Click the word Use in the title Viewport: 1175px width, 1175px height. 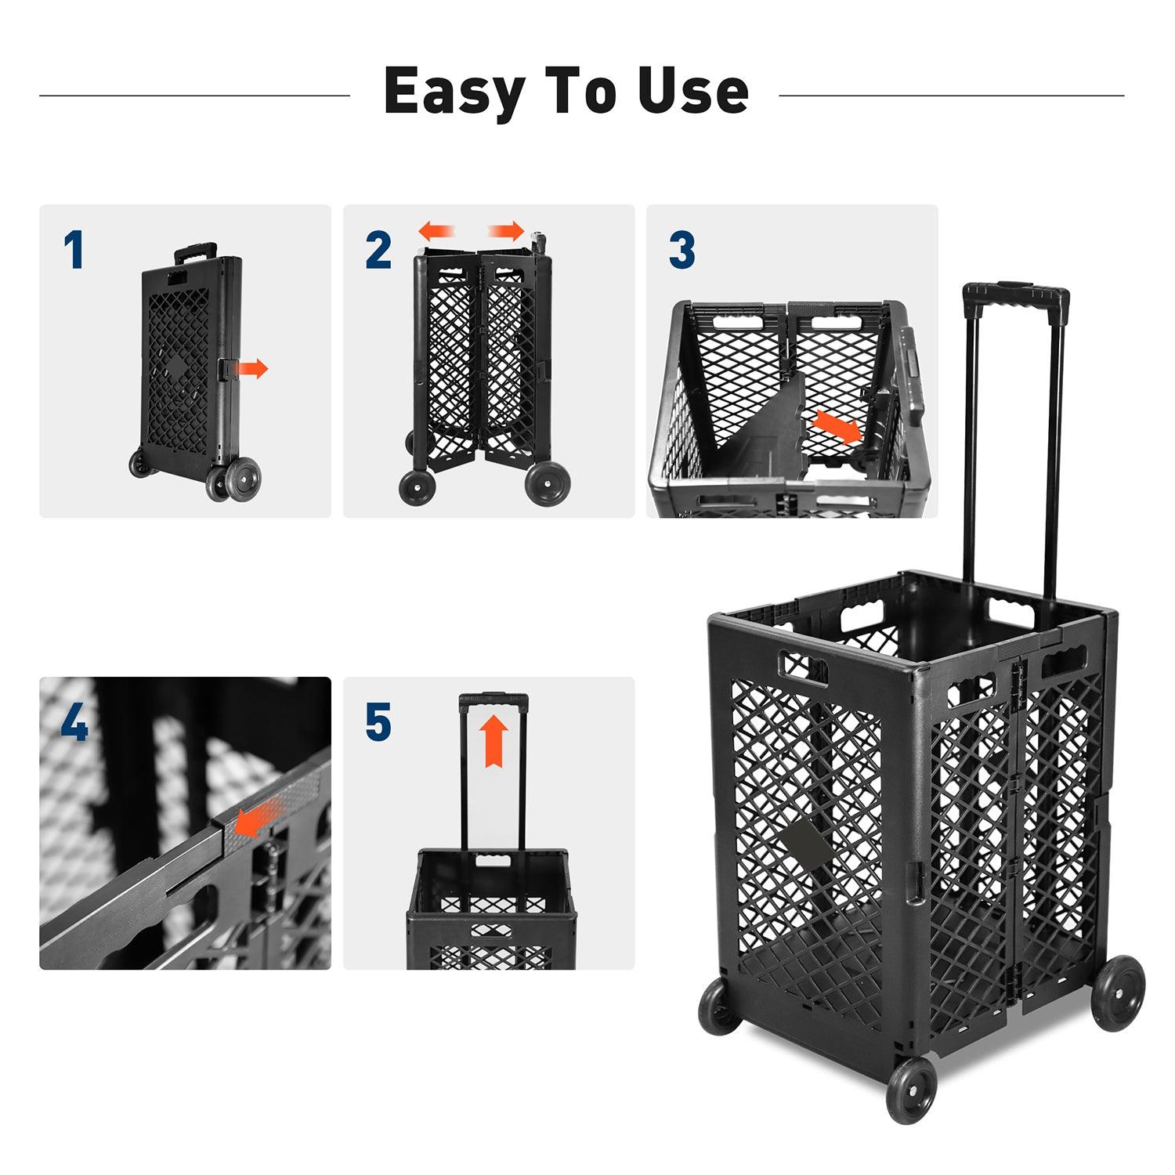(692, 92)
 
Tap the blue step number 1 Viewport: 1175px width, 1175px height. (74, 251)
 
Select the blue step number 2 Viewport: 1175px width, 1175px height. (378, 251)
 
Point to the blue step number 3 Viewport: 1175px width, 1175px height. (681, 251)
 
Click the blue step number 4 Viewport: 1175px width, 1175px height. (74, 724)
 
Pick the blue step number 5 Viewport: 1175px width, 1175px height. (378, 722)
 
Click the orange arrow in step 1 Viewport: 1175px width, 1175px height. (252, 368)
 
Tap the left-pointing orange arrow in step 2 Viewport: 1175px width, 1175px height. (437, 231)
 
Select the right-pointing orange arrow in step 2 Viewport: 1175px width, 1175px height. (506, 231)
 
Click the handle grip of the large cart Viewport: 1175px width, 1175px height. (1016, 296)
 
